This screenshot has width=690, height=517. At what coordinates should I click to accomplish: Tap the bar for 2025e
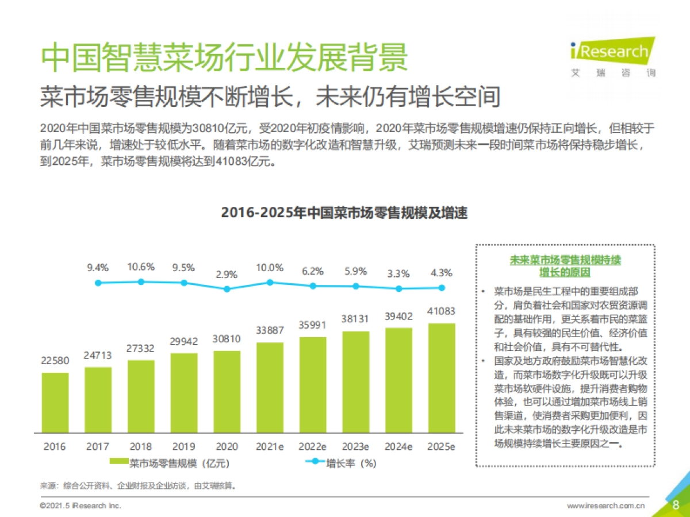click(x=442, y=377)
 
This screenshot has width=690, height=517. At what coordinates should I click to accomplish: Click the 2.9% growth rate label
click(x=227, y=275)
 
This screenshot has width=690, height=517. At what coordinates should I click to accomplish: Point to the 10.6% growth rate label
click(x=141, y=267)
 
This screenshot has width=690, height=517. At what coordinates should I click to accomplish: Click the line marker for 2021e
click(x=270, y=282)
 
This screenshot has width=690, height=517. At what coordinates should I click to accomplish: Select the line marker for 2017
click(x=98, y=283)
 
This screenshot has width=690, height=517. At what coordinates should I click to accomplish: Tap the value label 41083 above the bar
click(x=442, y=312)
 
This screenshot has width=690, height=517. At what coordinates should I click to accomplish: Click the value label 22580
click(x=55, y=361)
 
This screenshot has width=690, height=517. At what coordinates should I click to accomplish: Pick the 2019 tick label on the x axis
click(x=184, y=446)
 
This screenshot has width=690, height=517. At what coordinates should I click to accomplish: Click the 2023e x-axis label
click(x=355, y=446)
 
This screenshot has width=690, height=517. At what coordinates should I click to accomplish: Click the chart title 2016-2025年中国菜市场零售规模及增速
click(x=344, y=213)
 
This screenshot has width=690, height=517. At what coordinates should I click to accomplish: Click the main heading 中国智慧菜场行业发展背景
click(x=224, y=57)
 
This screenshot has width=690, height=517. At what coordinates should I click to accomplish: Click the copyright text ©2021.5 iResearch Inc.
click(x=80, y=506)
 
